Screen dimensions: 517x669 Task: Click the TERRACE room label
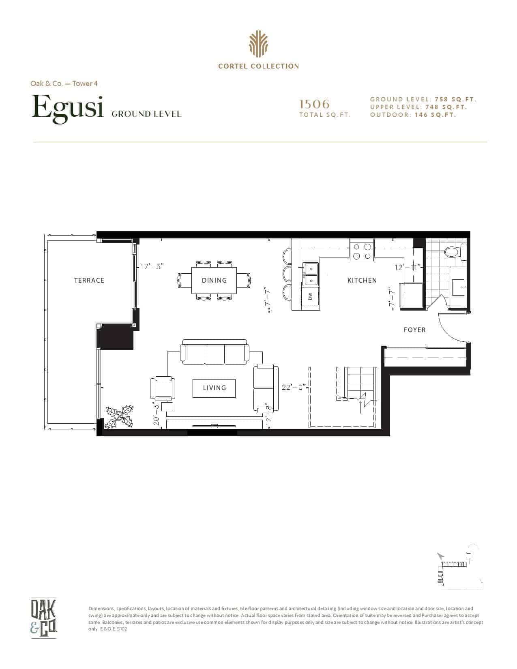[x=89, y=280]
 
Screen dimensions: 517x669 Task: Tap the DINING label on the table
[x=215, y=280]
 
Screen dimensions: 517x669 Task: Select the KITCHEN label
[x=362, y=280]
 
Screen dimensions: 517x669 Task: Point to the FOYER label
[x=415, y=330]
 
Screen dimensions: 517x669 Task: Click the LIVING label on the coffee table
[x=215, y=388]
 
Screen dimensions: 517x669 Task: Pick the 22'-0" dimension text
[x=294, y=387]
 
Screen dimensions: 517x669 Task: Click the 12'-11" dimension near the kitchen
[x=408, y=267]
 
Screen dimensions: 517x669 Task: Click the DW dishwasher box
[x=311, y=296]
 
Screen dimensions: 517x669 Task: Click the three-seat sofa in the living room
[x=215, y=352]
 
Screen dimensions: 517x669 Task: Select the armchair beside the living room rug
[x=163, y=388]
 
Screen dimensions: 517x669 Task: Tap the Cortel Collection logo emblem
[x=258, y=44]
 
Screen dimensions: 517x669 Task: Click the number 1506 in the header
[x=314, y=104]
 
